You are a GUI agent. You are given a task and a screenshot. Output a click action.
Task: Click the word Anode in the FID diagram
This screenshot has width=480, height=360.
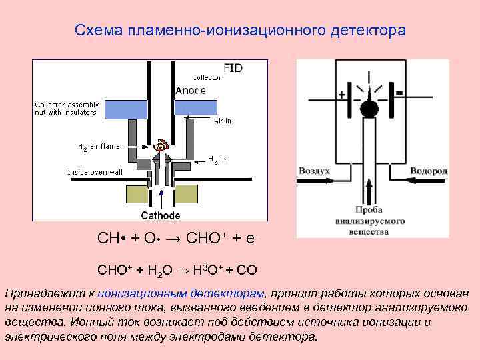(190, 90)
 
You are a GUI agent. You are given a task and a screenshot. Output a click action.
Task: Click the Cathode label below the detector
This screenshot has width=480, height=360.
(160, 215)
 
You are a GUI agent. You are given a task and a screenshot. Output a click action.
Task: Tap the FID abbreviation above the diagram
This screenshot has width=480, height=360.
(233, 69)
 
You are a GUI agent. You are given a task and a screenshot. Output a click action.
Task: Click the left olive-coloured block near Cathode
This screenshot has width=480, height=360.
(138, 194)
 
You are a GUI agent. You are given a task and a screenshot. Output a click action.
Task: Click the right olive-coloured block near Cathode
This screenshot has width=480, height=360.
(191, 194)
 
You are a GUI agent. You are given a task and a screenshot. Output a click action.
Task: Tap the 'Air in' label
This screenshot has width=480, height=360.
(223, 121)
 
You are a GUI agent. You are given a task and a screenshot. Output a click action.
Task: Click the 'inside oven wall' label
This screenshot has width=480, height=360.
(95, 172)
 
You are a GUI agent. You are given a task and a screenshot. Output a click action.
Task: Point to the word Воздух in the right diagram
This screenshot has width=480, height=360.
(314, 171)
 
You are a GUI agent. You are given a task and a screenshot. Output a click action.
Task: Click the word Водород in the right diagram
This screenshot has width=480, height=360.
(429, 171)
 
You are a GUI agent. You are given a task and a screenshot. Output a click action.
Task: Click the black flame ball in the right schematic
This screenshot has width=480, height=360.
(369, 107)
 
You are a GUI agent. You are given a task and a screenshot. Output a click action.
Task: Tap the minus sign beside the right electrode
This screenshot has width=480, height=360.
(399, 91)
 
